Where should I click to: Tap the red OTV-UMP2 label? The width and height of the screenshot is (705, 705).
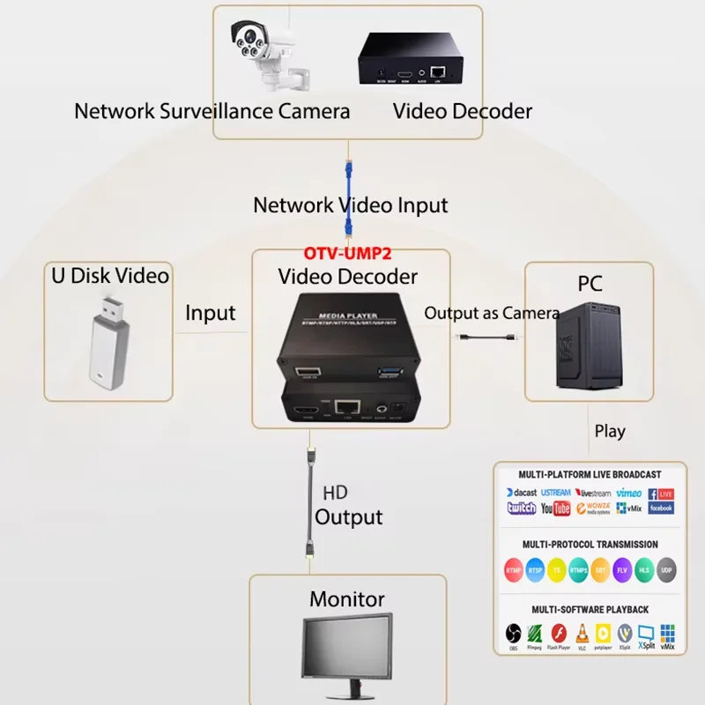[x=348, y=253]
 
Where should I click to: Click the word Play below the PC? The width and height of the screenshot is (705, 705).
[x=610, y=432]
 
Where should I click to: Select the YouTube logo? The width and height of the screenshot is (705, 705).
[x=555, y=508]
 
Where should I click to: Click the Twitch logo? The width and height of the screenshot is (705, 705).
[x=521, y=508]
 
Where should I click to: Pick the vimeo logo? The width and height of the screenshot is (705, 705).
[x=628, y=493]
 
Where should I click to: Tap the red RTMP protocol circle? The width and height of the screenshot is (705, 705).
[x=514, y=570]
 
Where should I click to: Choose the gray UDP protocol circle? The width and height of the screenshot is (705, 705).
[x=667, y=570]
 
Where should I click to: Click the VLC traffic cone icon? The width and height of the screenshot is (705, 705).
[x=581, y=632]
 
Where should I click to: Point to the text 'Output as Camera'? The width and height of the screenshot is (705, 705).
[x=492, y=313]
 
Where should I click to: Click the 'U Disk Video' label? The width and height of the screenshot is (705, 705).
[x=109, y=275]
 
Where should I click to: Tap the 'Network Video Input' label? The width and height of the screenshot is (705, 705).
[x=350, y=205]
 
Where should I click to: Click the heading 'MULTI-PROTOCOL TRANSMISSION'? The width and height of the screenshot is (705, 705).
[x=590, y=545]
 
